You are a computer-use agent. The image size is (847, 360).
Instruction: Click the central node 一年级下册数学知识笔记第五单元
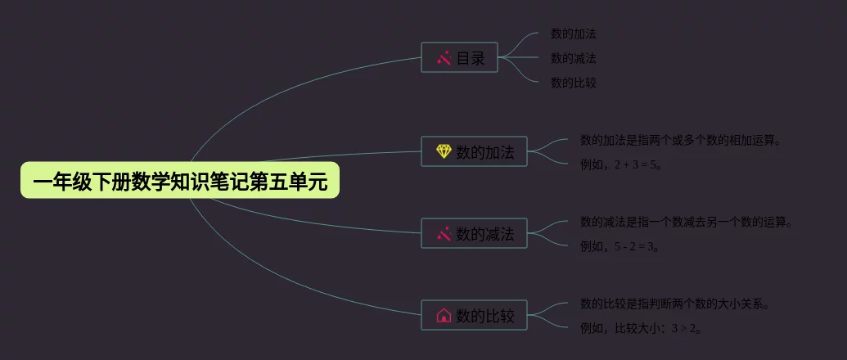tap(180, 182)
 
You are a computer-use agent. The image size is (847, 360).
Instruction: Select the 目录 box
tap(459, 58)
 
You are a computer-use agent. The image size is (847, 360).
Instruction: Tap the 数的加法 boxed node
tap(474, 151)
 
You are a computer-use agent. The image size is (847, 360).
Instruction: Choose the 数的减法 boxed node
tap(474, 234)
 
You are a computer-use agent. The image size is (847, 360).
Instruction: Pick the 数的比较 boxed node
tap(474, 315)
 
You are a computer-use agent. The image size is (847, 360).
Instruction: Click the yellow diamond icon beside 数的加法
tap(444, 151)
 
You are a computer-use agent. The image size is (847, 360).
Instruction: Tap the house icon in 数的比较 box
tap(444, 315)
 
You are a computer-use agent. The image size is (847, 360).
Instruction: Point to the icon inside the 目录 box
tap(444, 58)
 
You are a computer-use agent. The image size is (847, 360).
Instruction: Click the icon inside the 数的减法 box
tap(444, 234)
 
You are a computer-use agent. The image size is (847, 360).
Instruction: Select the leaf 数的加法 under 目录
tap(573, 34)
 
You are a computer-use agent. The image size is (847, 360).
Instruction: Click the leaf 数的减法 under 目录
tap(573, 58)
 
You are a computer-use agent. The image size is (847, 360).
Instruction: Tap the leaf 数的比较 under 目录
tap(573, 83)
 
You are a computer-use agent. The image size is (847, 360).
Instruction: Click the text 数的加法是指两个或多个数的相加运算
tap(680, 140)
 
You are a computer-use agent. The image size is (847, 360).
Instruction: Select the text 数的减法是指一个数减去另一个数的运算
tap(686, 222)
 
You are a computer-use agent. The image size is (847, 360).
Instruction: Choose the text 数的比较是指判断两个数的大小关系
tap(674, 304)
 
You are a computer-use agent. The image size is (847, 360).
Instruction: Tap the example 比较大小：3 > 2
tap(641, 328)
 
